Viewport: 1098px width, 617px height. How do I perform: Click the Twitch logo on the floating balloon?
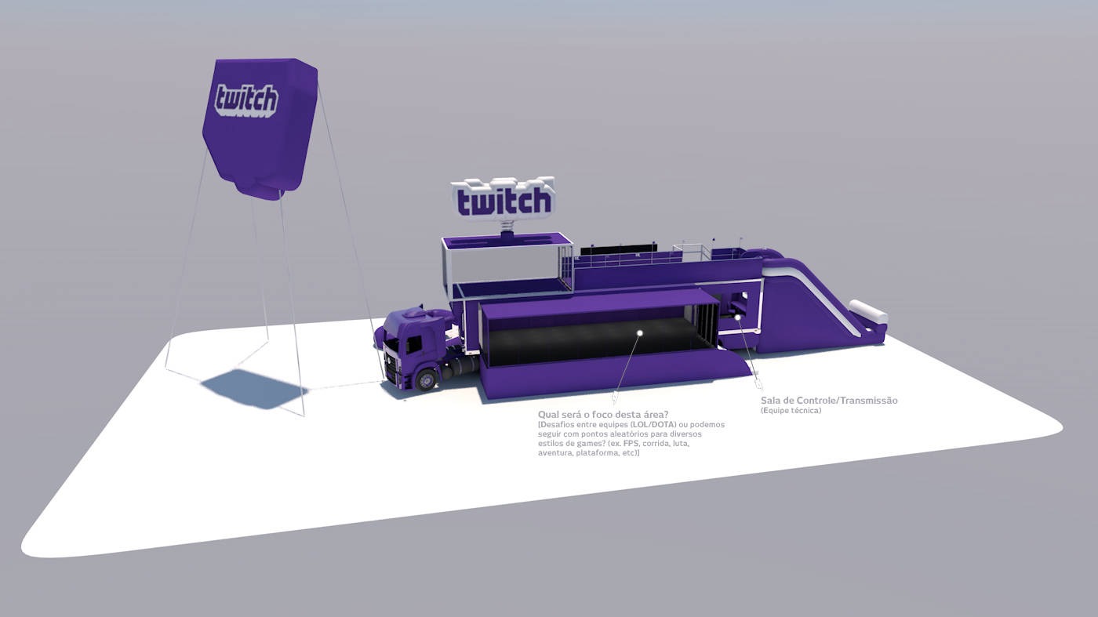(246, 100)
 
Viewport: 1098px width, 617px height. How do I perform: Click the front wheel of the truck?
(427, 380)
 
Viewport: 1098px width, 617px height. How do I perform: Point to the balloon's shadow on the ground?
(250, 388)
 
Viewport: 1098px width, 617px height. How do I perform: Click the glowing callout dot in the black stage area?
(639, 333)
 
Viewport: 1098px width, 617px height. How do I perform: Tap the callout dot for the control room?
(738, 318)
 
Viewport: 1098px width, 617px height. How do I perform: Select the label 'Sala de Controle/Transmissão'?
(829, 401)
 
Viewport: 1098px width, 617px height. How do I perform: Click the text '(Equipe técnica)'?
(791, 411)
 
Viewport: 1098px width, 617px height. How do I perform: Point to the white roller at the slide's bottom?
(868, 311)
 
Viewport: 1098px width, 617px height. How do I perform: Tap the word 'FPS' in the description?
(630, 444)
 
